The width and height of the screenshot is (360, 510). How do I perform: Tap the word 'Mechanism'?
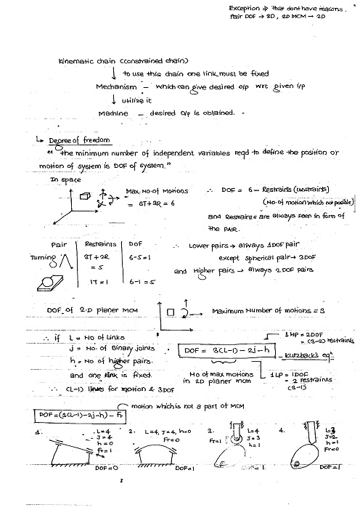pos(117,86)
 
